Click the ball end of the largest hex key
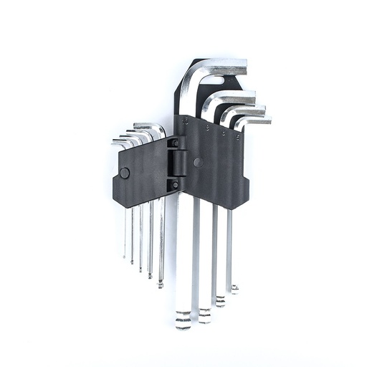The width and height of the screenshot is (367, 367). (x=183, y=320)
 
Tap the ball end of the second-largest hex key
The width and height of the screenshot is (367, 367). (x=205, y=313)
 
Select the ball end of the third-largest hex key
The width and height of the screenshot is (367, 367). (x=220, y=300)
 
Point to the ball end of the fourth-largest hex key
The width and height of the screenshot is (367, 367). (x=234, y=288)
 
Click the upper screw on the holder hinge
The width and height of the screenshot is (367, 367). (x=173, y=143)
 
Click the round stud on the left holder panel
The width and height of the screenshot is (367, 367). (x=125, y=173)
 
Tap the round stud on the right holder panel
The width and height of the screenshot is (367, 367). (x=197, y=163)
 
